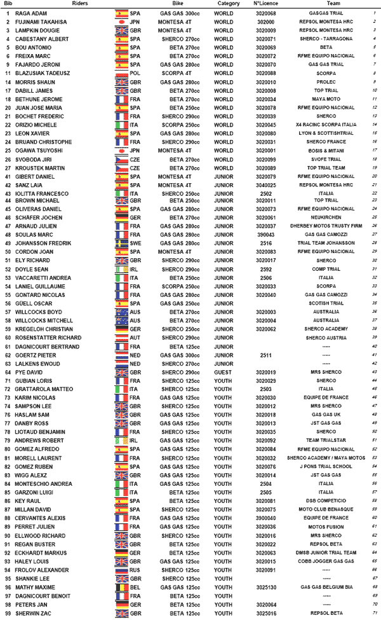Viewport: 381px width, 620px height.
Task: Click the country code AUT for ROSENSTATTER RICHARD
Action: point(135,337)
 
